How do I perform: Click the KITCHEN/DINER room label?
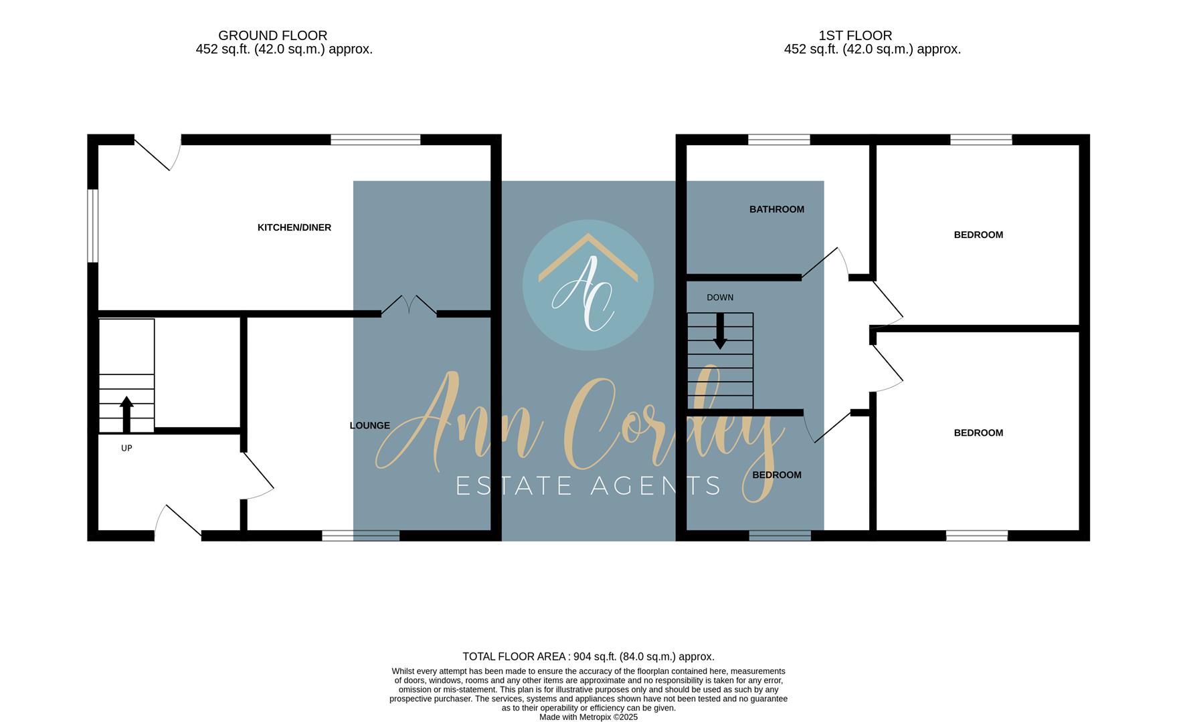tap(294, 227)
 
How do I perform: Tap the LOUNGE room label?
tap(369, 425)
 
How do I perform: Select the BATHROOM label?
tap(776, 209)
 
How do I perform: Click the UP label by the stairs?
tap(126, 448)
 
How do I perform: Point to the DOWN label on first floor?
tap(720, 297)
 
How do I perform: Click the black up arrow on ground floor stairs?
tap(126, 414)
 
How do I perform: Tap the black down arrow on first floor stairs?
tap(720, 332)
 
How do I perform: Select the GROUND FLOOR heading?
tap(272, 35)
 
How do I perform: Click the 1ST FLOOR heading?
tap(855, 35)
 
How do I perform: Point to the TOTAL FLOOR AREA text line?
tap(588, 656)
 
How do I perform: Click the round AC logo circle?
tap(587, 285)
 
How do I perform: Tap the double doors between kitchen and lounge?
tap(409, 306)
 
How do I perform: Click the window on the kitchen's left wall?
tap(94, 226)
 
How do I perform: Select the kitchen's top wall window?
tap(375, 140)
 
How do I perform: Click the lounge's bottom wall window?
tap(361, 535)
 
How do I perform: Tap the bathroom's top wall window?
tap(779, 140)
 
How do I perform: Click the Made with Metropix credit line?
tap(588, 717)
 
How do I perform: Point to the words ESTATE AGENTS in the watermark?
tap(588, 486)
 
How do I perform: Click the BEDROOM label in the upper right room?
tap(978, 235)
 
